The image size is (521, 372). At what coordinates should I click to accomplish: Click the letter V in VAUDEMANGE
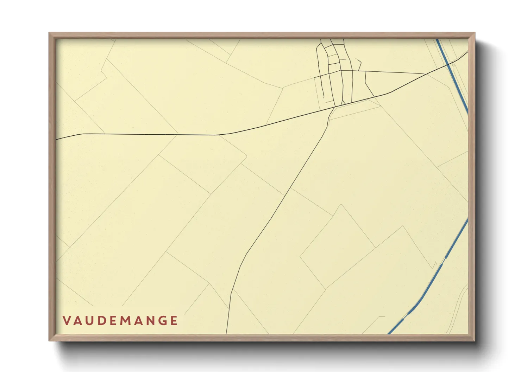click(66, 321)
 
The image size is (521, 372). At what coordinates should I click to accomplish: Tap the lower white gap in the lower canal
click(405, 316)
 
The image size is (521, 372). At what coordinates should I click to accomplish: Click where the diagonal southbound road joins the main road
click(334, 107)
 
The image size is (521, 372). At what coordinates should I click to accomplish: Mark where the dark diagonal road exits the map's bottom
click(226, 334)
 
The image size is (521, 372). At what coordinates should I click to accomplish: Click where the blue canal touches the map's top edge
click(437, 39)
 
